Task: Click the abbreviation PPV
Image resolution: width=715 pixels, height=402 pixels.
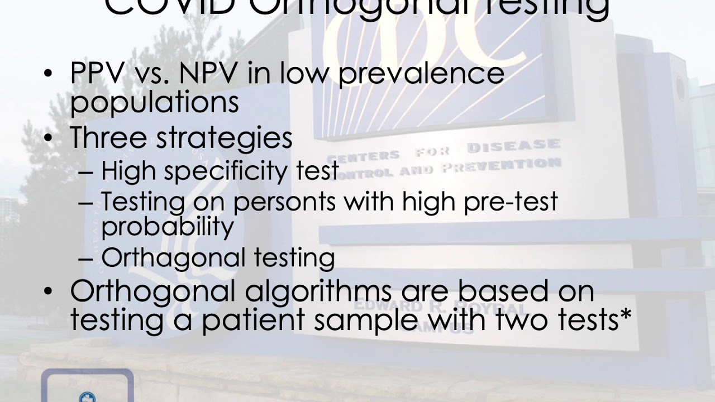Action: pos(98,74)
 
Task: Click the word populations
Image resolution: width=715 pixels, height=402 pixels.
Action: pos(154,103)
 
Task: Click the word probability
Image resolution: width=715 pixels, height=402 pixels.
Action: pos(168,227)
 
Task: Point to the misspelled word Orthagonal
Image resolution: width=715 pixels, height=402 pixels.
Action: pos(173,258)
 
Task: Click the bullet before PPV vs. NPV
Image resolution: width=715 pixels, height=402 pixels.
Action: pos(49,74)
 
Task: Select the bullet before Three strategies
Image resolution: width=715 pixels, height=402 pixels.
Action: pos(49,137)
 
